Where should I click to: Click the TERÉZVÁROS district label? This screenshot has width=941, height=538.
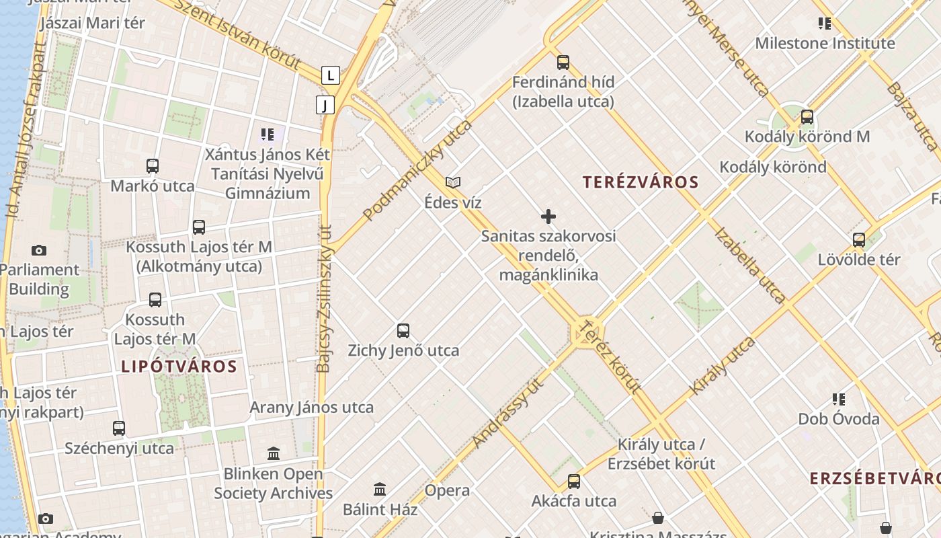point(641,182)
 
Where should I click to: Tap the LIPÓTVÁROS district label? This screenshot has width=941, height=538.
point(179,367)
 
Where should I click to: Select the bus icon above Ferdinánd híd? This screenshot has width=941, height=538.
point(563,63)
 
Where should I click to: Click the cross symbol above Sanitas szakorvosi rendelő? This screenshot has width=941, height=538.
point(548,217)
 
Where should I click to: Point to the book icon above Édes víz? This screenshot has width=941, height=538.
point(453,182)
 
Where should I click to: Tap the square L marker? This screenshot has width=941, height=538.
point(330,75)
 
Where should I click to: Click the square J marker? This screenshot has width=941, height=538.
point(325,105)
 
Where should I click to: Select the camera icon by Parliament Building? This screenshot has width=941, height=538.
point(39,251)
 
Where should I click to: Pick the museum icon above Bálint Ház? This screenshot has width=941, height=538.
point(380,489)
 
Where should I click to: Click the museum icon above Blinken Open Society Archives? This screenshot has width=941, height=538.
point(274,454)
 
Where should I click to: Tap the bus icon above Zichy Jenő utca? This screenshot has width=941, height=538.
point(403,331)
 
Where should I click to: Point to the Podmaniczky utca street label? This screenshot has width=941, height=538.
point(417,171)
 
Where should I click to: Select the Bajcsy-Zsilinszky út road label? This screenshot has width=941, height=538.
point(324,299)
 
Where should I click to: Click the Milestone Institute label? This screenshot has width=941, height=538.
point(825,44)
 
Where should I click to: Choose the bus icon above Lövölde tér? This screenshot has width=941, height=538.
point(859,239)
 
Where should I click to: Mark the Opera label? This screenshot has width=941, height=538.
point(447,491)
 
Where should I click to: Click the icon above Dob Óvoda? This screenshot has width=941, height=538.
point(839,399)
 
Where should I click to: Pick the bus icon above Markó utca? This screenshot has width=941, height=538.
point(153,166)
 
